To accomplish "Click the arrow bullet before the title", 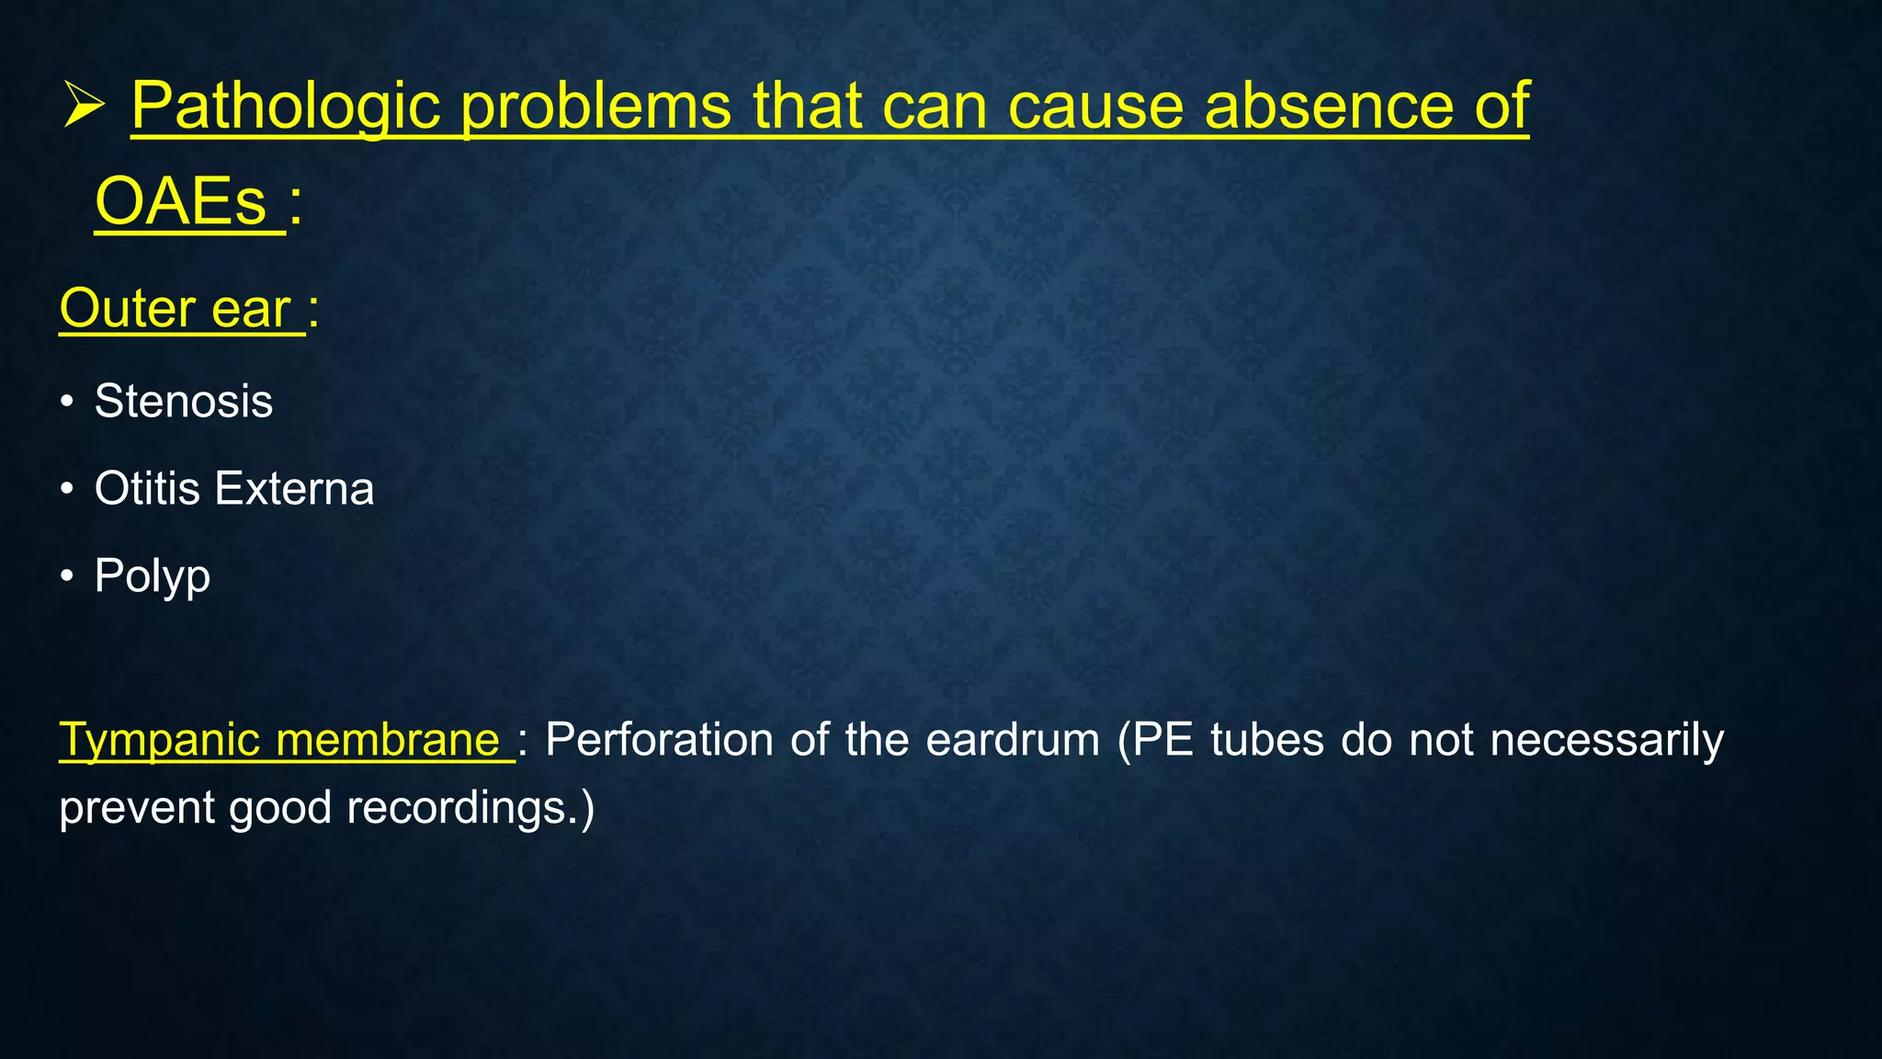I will coord(85,107).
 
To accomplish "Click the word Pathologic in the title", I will coord(286,107).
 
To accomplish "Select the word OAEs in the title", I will coord(181,202).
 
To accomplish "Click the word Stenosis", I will coord(184,402).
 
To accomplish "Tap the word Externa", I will coord(294,489).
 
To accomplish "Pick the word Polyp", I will coord(153,577).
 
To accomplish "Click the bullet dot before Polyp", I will coord(66,577).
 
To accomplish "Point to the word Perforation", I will coord(659,741).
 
